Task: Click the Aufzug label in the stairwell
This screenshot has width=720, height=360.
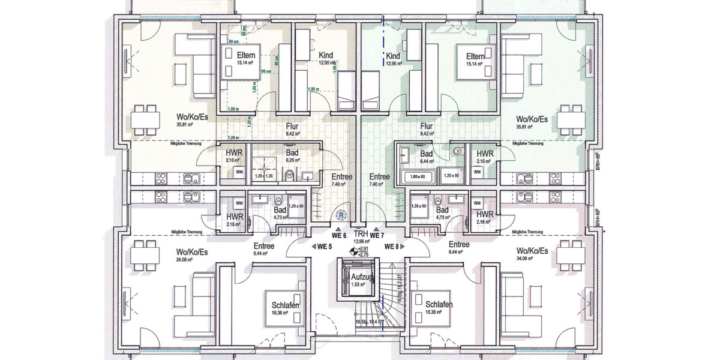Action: coord(363,277)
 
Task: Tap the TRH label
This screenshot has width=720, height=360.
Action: coord(361,234)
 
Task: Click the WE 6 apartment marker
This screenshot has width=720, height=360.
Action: coord(340,235)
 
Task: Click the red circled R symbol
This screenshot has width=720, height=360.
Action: coord(341,214)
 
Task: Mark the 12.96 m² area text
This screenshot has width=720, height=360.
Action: coord(361,242)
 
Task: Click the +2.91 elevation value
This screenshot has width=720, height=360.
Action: coord(362,248)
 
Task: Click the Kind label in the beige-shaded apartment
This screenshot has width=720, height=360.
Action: coord(326,55)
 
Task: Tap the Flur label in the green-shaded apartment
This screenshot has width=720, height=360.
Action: coord(427,127)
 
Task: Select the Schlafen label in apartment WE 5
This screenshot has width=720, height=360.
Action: coord(285,305)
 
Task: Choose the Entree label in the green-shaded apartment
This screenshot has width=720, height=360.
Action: coord(379,178)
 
